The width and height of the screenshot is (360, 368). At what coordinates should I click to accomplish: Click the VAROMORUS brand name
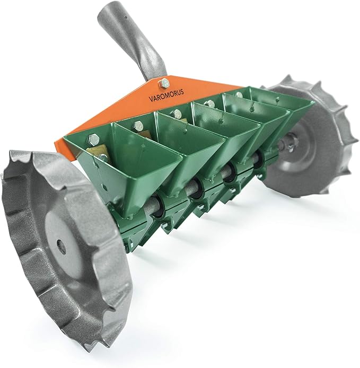[x=166, y=95]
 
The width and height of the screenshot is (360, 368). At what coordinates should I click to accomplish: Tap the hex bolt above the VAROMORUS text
[x=164, y=83]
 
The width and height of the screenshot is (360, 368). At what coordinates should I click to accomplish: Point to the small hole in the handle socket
[x=126, y=17]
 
